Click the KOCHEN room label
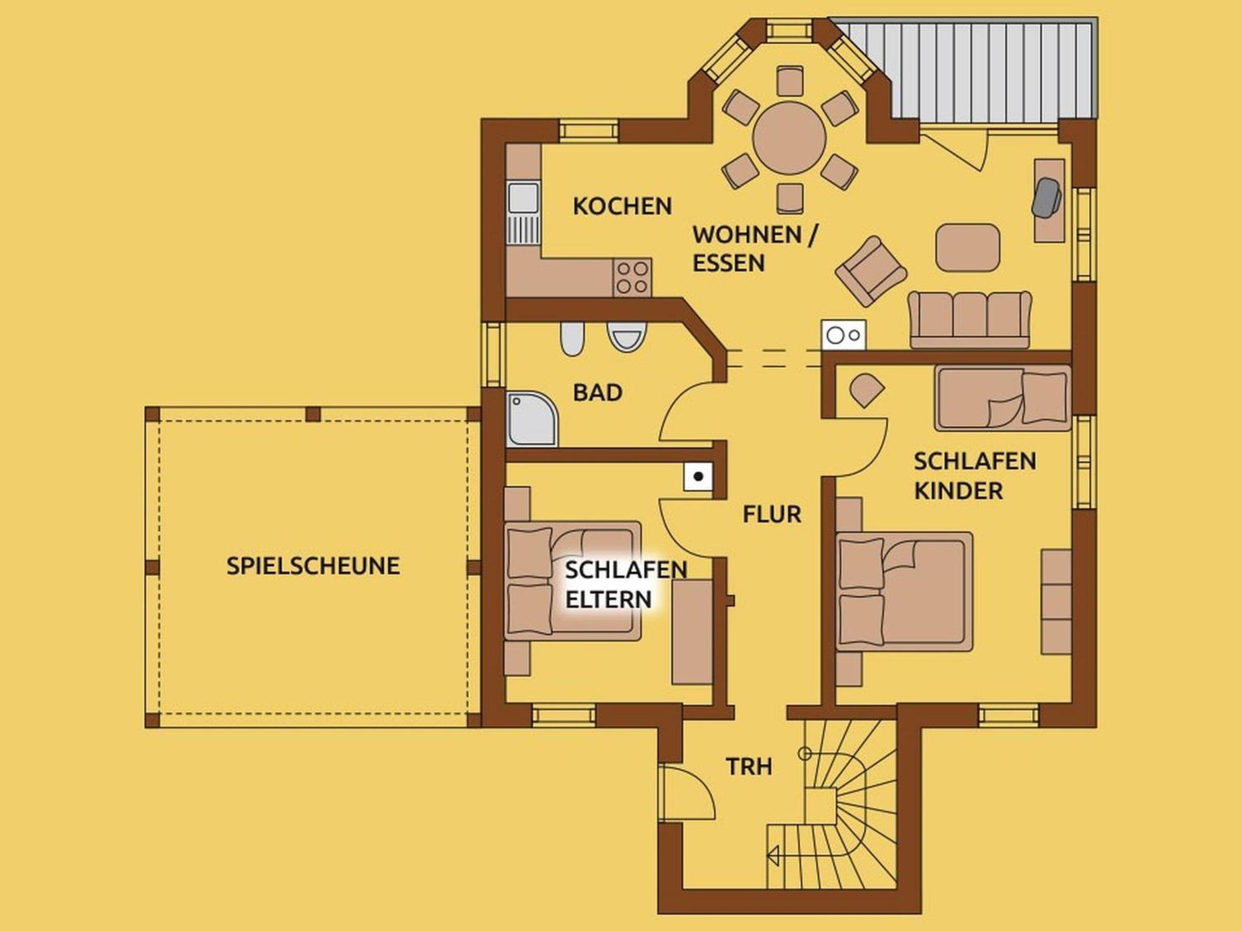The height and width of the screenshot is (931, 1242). [622, 206]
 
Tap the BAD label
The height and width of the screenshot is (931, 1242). [597, 393]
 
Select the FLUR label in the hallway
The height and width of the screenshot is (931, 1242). [772, 514]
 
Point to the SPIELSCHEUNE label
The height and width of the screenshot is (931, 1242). [313, 566]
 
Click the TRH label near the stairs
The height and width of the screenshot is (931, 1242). [749, 767]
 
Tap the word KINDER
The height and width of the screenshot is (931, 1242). [958, 490]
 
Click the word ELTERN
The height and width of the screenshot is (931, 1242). [608, 599]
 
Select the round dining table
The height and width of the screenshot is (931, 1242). [789, 138]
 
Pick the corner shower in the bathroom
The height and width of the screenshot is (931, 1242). [531, 419]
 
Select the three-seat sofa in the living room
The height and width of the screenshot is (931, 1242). [970, 319]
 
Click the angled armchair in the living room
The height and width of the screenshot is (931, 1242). [870, 272]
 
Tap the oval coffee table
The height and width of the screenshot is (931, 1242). [967, 247]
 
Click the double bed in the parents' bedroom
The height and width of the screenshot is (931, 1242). [573, 581]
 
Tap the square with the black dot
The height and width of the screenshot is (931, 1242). [698, 477]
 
